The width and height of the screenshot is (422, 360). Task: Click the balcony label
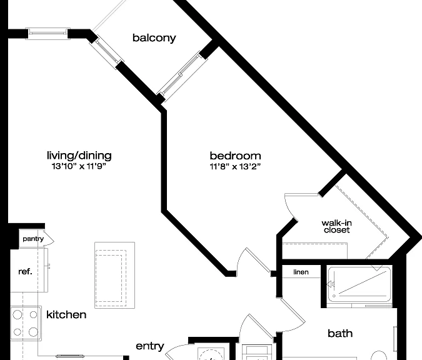[154, 38]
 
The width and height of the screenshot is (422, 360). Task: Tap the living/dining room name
[79, 156]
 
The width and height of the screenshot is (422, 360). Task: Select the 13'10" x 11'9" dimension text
[79, 166]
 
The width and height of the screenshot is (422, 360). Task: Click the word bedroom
[235, 156]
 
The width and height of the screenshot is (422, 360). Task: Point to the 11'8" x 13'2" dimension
[235, 166]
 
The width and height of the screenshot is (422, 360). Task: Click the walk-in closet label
[337, 226]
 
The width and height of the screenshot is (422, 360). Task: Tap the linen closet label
[301, 272]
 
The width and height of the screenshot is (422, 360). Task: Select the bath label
[340, 333]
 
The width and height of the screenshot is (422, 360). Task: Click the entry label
[150, 346]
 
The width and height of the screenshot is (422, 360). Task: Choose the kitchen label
[66, 314]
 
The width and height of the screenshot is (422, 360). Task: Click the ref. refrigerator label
[25, 272]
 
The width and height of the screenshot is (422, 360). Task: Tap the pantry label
[33, 239]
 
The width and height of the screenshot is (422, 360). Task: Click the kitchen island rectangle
[114, 275]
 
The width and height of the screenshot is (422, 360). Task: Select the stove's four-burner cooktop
[26, 323]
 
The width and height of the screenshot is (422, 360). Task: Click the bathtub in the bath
[359, 284]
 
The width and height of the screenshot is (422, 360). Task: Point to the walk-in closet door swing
[290, 204]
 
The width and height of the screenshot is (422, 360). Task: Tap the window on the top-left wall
[48, 34]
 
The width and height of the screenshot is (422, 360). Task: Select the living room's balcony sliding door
[107, 52]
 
